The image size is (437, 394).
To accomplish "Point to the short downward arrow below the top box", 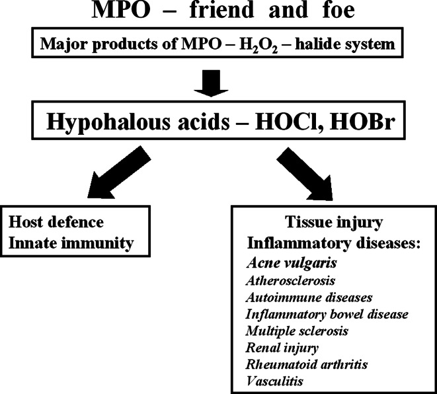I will (218, 83).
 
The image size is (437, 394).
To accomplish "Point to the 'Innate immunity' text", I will (69, 243).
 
